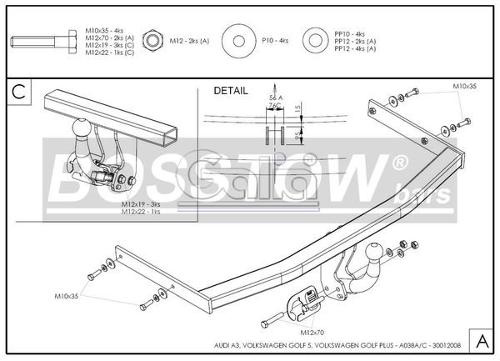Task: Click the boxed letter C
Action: pyautogui.click(x=17, y=91)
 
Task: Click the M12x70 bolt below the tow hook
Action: pyautogui.click(x=275, y=318)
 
